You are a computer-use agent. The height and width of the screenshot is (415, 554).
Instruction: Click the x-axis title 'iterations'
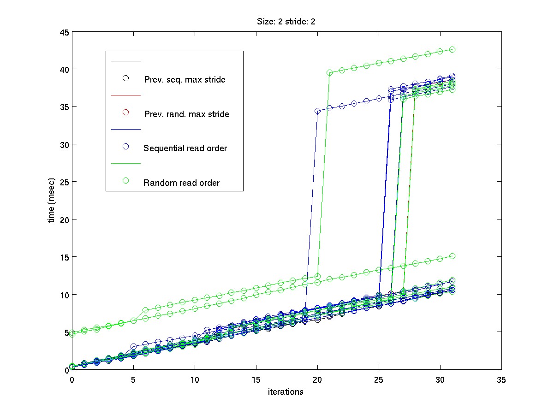pyautogui.click(x=286, y=392)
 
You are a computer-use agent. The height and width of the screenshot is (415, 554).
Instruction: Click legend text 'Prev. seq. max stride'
pyautogui.click(x=185, y=79)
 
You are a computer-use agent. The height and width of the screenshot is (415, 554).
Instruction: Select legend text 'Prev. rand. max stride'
pyautogui.click(x=186, y=114)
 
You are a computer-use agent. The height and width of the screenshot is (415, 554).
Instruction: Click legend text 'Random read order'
pyautogui.click(x=181, y=183)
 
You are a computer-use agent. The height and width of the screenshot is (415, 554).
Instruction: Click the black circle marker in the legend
pyautogui.click(x=125, y=78)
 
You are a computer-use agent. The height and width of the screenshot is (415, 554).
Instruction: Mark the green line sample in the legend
pyautogui.click(x=125, y=164)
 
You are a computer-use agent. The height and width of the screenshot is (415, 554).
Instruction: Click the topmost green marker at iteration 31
pyautogui.click(x=453, y=49)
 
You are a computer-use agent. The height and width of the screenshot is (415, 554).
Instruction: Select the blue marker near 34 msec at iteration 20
pyautogui.click(x=317, y=111)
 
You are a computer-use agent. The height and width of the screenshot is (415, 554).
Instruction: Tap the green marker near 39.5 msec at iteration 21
pyautogui.click(x=330, y=72)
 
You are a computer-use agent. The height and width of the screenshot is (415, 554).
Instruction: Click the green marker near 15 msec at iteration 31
pyautogui.click(x=453, y=256)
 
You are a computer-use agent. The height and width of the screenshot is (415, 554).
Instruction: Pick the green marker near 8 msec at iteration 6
pyautogui.click(x=146, y=310)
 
